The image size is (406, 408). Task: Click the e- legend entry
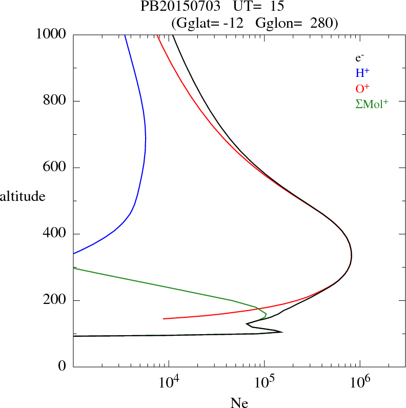coord(359,58)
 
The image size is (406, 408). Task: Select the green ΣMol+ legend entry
coord(371,104)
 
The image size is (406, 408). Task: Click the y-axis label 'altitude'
coord(23,196)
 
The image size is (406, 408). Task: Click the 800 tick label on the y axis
coord(55,101)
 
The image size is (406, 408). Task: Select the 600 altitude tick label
coord(55,168)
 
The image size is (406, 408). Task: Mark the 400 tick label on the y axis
coord(55,234)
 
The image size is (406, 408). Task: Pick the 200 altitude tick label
coord(55,300)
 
